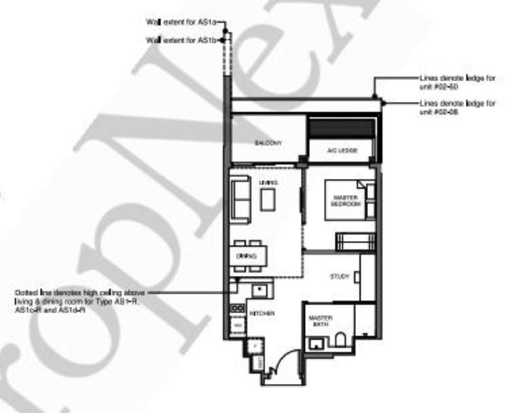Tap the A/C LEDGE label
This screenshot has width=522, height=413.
tap(341, 150)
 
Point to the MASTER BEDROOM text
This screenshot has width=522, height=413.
tap(346, 200)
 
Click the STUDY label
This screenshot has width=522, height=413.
tap(339, 277)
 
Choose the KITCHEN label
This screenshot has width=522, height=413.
tap(261, 313)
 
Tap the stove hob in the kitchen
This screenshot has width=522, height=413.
tap(238, 308)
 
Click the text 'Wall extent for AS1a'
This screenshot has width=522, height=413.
tap(183, 22)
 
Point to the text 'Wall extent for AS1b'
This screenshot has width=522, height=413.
tap(183, 40)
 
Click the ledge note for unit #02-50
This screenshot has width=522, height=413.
tap(457, 82)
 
